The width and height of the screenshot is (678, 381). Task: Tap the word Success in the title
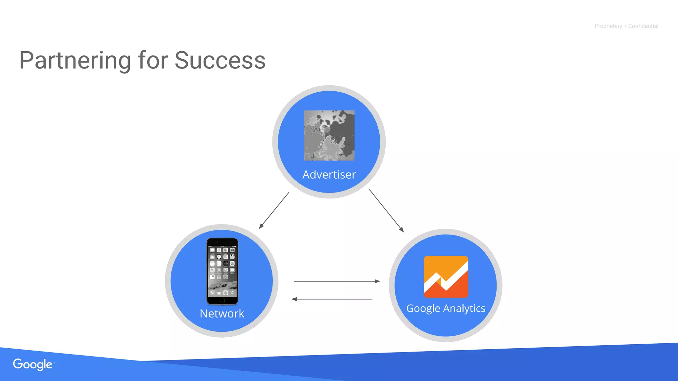[x=220, y=61]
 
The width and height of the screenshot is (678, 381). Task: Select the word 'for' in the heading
[x=153, y=61]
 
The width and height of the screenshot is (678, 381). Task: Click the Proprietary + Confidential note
[x=626, y=26]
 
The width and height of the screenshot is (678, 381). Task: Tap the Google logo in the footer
[x=32, y=364]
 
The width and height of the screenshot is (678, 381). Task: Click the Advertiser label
[x=329, y=175]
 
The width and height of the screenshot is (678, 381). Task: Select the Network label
[x=222, y=314]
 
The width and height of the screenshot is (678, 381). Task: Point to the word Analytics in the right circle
[x=464, y=309]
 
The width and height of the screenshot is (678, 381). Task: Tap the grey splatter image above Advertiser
[x=329, y=136]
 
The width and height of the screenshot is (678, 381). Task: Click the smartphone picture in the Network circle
[x=222, y=271]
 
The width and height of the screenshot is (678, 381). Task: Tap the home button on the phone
[x=222, y=300]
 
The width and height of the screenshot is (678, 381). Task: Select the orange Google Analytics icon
[x=446, y=277]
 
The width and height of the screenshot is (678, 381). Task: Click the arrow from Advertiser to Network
[x=274, y=210]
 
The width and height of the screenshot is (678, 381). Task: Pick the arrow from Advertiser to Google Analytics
[x=386, y=211]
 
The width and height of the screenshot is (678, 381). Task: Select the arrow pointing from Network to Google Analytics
[x=336, y=281]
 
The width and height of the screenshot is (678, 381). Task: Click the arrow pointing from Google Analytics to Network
[x=332, y=299]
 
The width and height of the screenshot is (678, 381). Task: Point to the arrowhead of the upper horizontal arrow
[x=377, y=281]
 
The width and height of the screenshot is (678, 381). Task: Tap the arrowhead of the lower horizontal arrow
[x=294, y=299]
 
